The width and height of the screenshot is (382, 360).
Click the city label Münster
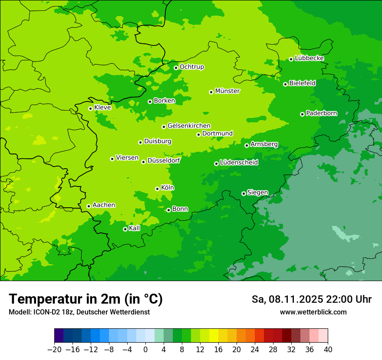click(227, 91)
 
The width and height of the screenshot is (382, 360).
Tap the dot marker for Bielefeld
click(285, 84)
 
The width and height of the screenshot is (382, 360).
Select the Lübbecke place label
click(309, 58)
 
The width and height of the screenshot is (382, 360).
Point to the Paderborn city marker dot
click(302, 114)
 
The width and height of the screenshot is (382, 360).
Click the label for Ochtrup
click(191, 67)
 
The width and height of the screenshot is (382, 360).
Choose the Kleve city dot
click(90, 108)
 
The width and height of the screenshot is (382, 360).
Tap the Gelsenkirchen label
click(189, 126)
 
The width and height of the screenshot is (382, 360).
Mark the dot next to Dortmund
click(198, 134)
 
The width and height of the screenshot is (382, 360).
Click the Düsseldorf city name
click(164, 160)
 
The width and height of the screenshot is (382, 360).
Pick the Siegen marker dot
click(244, 193)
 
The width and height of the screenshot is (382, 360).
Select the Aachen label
click(104, 205)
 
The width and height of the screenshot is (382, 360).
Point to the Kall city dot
click(125, 229)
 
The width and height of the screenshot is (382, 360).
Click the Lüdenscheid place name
click(239, 163)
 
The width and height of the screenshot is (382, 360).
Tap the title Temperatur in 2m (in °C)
click(86, 299)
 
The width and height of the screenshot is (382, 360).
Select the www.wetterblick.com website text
click(313, 312)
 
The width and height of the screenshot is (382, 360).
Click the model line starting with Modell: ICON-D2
click(79, 312)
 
